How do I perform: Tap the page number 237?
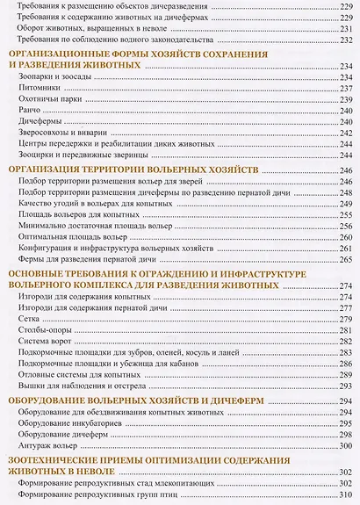(x=344, y=88)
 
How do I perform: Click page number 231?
(x=344, y=26)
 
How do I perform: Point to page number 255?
(x=344, y=213)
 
